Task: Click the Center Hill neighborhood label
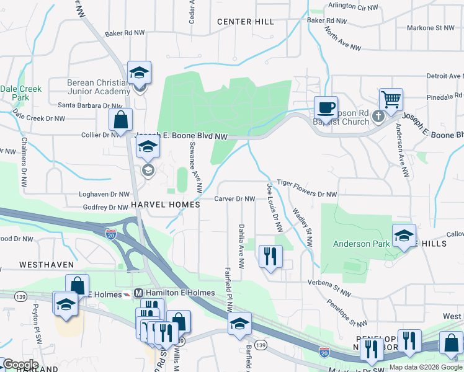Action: coord(246,22)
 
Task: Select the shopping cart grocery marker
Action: coord(391,100)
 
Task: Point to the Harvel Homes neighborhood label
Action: coord(165,204)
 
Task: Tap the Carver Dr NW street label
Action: coord(235,199)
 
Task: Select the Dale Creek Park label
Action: coord(20,93)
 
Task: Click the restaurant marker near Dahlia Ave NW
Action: coord(270,256)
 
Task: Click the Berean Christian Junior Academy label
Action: coord(98,87)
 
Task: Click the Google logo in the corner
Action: coord(20,364)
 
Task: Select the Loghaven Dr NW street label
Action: coord(103,194)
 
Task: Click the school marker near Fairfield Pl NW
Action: coord(239,324)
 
